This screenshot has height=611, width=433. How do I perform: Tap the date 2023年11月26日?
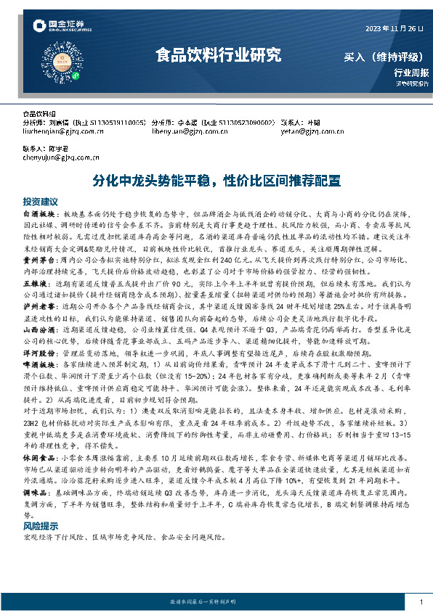tap(394, 29)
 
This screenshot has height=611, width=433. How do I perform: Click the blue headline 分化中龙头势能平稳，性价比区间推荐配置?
tap(216, 181)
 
